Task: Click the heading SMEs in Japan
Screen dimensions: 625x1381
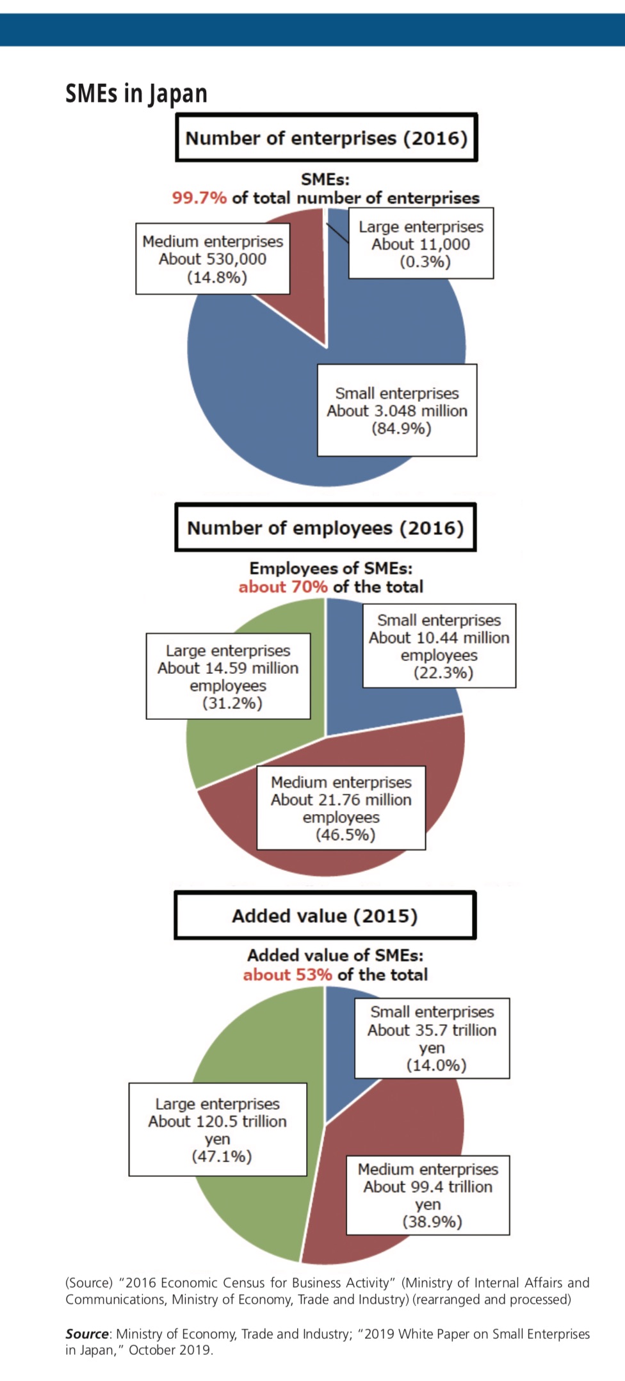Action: (136, 93)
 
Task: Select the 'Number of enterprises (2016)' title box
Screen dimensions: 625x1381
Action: (327, 138)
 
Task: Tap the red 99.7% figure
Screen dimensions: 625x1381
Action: (199, 198)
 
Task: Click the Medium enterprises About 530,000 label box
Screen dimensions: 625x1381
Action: (213, 259)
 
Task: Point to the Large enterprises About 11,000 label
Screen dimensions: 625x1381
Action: (421, 243)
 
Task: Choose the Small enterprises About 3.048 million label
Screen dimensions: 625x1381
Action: (397, 410)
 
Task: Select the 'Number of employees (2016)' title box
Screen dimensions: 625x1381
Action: (325, 527)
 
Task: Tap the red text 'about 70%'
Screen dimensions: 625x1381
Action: (283, 587)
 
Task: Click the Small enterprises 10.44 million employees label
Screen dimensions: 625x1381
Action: (439, 646)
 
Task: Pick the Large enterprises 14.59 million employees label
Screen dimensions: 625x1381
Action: (228, 676)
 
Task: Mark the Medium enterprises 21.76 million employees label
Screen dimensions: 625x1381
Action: (341, 808)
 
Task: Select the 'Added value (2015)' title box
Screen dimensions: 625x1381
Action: (325, 916)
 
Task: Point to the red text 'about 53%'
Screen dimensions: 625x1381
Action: (288, 975)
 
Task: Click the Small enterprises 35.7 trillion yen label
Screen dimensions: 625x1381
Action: (432, 1038)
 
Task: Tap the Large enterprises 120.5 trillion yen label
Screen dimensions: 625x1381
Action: (218, 1130)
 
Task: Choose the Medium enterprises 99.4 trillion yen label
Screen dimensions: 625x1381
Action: (428, 1195)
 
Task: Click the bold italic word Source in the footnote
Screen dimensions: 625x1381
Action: (87, 1334)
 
